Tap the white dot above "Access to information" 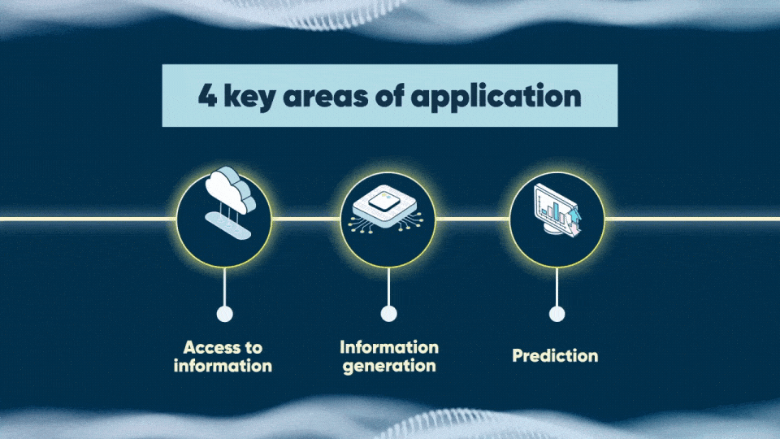coord(225,314)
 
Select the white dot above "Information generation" coord(389,314)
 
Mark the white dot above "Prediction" coord(557,314)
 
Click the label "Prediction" coord(555,356)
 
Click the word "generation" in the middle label coord(389,366)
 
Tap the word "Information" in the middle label coord(389,348)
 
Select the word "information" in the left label coord(223,366)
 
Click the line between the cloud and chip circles coord(305,219)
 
